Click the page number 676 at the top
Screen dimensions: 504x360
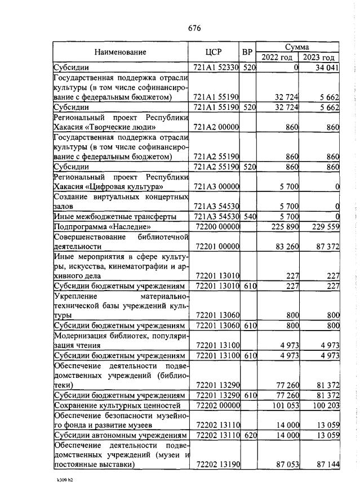point(194,28)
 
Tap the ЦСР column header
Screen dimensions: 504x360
point(216,52)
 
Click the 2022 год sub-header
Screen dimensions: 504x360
point(277,57)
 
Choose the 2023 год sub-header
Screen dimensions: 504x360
point(319,57)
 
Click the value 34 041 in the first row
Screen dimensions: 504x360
point(327,68)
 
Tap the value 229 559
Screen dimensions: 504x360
point(325,226)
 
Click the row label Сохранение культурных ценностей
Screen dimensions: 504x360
point(117,405)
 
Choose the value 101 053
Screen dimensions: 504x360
point(285,405)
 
